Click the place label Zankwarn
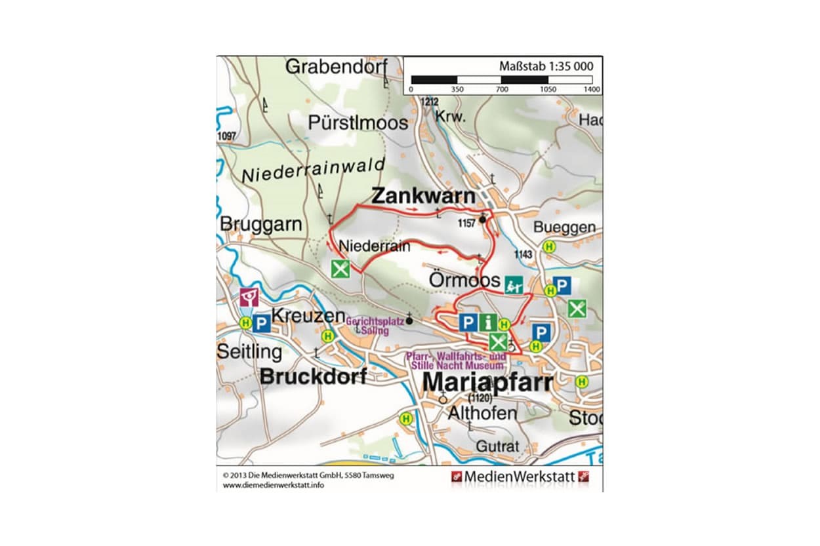[x=423, y=196]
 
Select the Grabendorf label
[x=337, y=67]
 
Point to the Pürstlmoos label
[x=358, y=123]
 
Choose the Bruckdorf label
[x=313, y=377]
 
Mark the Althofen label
[x=482, y=414]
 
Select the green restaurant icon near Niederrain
[x=340, y=269]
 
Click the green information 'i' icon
[x=487, y=322]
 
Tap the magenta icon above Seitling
[x=249, y=298]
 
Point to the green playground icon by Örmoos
[x=513, y=284]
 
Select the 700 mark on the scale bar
[x=501, y=89]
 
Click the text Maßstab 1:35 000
[x=546, y=66]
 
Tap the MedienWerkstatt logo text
[x=519, y=477]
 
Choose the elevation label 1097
[x=224, y=136]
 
